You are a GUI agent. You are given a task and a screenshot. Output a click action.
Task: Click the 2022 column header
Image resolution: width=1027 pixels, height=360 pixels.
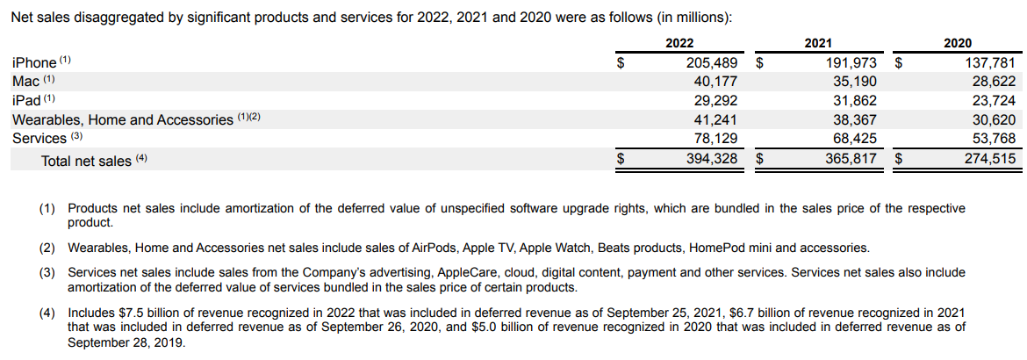coord(679,43)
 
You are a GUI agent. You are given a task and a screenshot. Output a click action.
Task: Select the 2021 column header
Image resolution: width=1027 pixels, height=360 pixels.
coord(818,43)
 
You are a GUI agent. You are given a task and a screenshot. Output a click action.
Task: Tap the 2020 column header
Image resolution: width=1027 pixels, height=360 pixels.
coord(957,43)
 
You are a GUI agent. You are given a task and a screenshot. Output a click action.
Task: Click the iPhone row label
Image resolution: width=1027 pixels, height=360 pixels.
coord(34,63)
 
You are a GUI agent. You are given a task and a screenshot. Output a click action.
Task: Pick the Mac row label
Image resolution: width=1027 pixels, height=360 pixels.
coord(25,82)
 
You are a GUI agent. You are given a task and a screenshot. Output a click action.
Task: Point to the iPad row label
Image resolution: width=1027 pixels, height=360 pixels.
coord(27,100)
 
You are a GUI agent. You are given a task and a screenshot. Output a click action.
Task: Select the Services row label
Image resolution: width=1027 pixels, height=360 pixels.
coord(39,138)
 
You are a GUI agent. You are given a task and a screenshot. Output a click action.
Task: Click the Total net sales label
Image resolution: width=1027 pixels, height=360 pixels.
coord(86,161)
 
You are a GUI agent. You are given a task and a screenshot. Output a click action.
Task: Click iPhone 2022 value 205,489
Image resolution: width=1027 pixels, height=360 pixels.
coord(711,63)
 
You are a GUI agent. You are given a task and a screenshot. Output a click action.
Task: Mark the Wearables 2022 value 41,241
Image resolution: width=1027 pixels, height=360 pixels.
coord(715,119)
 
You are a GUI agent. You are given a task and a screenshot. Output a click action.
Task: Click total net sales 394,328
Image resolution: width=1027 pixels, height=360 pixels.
coord(711,159)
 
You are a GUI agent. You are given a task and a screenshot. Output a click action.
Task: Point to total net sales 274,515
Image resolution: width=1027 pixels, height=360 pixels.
coord(988,159)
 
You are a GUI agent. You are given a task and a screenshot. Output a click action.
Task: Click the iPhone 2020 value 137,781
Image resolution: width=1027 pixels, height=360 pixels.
coord(988,63)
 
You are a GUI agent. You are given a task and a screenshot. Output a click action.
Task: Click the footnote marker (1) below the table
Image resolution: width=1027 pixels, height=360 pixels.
coord(47,209)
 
